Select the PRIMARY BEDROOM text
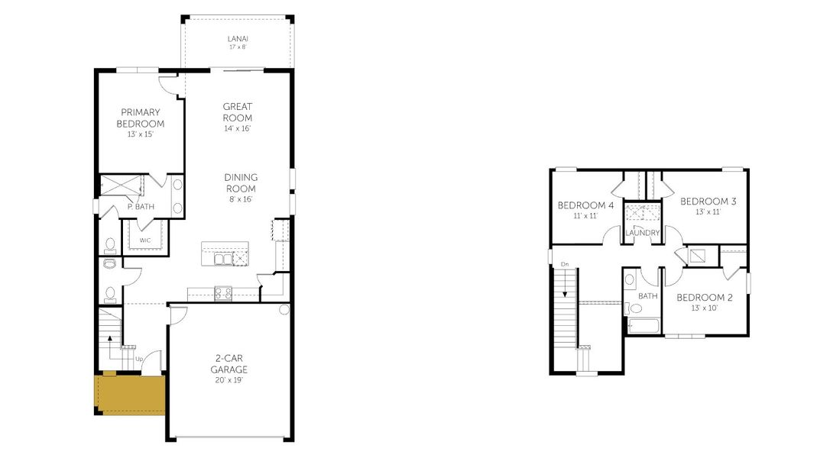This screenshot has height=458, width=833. click(140, 118)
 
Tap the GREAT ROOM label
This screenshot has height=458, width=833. click(237, 112)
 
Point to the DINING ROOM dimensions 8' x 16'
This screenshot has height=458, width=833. click(240, 199)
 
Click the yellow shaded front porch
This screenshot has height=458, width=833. click(128, 394)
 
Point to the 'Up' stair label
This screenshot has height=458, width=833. click(139, 359)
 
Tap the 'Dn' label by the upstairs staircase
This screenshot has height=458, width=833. click(565, 264)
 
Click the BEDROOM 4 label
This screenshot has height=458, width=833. click(585, 205)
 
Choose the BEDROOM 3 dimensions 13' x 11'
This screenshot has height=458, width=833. click(708, 212)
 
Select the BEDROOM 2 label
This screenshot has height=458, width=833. click(705, 297)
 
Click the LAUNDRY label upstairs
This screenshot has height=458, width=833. click(642, 233)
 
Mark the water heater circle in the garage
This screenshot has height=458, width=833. click(284, 310)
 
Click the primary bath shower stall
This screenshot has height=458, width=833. click(122, 185)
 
